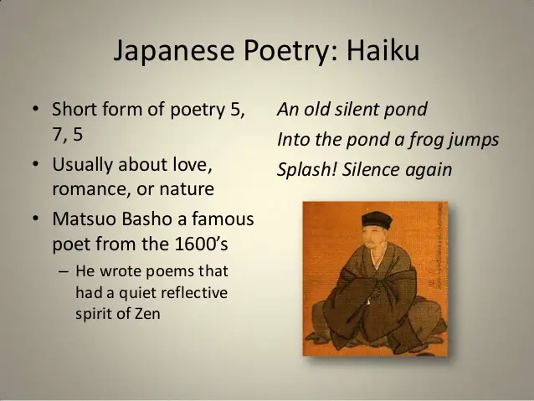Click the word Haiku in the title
point(383,50)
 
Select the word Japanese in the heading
point(174,51)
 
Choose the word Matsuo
point(85,218)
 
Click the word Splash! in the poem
point(307,169)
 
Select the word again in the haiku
point(431,170)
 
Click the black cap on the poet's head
point(377,219)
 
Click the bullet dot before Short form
point(35,109)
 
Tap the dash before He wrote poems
point(64,271)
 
